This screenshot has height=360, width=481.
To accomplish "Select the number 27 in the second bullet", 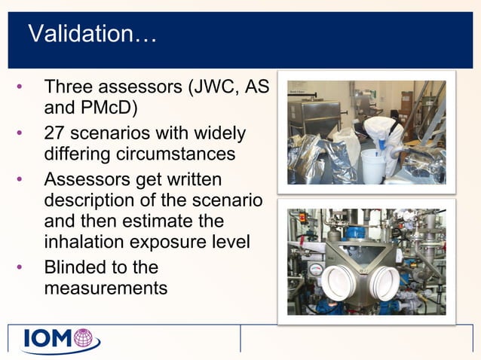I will [x=55, y=133].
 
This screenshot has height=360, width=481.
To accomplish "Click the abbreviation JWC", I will [x=215, y=87].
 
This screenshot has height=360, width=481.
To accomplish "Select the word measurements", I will [x=106, y=288].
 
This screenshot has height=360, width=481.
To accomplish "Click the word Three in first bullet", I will [x=69, y=87].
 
